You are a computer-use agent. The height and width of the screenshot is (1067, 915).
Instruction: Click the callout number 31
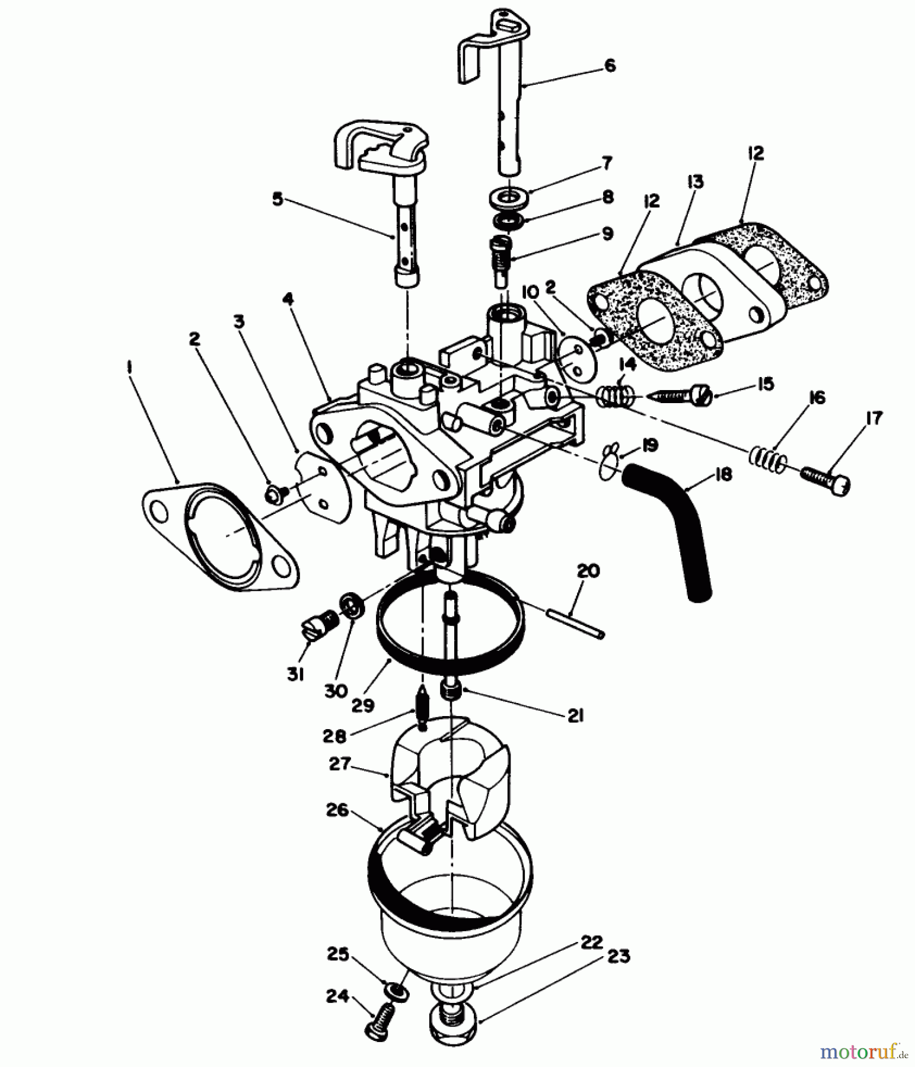pyautogui.click(x=296, y=674)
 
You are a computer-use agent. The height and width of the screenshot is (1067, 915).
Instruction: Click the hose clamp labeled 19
pyautogui.click(x=610, y=461)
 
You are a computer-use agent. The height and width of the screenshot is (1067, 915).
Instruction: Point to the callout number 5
pyautogui.click(x=277, y=199)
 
